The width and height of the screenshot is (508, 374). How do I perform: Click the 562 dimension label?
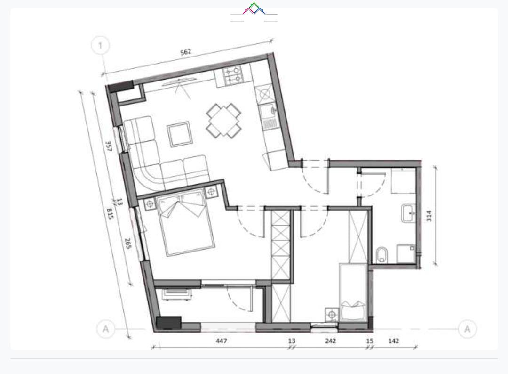[x=186, y=52]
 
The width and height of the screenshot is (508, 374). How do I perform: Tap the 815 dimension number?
[x=110, y=213]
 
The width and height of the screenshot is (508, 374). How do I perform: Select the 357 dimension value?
[x=109, y=146]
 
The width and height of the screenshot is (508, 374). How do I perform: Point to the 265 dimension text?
[x=127, y=244]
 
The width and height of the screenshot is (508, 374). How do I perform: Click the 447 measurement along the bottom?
[x=221, y=341]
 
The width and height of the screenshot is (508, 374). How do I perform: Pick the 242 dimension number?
[x=331, y=341]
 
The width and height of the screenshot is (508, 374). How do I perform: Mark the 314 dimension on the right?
[x=429, y=216]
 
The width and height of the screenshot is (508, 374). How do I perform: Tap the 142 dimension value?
[x=393, y=341]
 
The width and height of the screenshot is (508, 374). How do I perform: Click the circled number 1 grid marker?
[x=101, y=45]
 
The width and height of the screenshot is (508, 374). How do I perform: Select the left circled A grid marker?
[x=106, y=329]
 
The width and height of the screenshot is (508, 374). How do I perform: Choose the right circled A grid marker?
[x=468, y=329]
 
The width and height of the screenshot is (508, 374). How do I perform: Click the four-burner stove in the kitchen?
[x=232, y=74]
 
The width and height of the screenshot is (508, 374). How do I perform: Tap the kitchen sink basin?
[x=268, y=111]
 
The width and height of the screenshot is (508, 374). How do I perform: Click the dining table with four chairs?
[x=223, y=121]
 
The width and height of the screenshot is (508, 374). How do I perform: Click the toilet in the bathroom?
[x=382, y=255]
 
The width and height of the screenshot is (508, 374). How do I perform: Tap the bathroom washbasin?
[x=409, y=213]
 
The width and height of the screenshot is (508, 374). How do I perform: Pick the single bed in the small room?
[x=353, y=292]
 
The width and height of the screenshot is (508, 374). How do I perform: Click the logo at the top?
[x=254, y=9]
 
